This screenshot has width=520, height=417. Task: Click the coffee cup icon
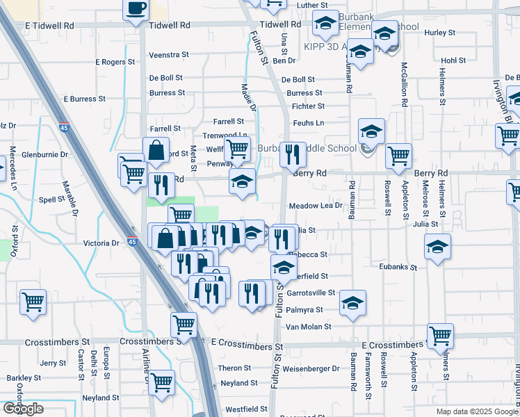[136, 8]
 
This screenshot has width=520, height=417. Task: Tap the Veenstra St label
[169, 55]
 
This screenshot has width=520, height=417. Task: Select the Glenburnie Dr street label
[45, 154]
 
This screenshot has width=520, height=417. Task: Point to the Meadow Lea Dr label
[316, 206]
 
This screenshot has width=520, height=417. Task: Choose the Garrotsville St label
[311, 293]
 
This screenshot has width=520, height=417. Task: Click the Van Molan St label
[308, 327]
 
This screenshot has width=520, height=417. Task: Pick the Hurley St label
[439, 33]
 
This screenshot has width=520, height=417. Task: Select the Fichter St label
[308, 106]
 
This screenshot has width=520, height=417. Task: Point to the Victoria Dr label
[101, 244]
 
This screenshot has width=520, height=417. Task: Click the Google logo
[23, 409]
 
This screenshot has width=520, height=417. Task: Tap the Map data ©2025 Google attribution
[477, 411]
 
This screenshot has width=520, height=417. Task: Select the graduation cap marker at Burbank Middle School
[371, 131]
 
